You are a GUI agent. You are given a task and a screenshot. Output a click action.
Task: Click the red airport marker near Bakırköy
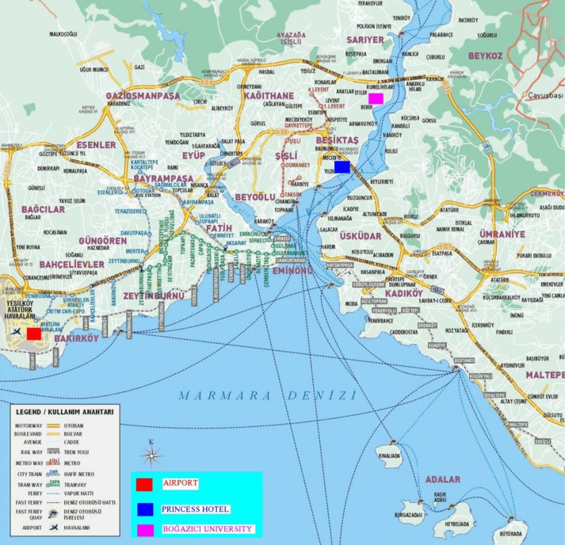tap(33, 333)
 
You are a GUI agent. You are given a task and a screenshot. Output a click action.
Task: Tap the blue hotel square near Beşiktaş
tap(342, 166)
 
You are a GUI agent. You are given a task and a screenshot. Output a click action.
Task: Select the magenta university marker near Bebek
tap(376, 98)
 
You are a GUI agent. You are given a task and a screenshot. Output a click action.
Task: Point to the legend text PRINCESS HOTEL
tap(195, 509)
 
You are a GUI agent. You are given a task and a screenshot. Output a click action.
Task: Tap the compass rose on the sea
tap(151, 455)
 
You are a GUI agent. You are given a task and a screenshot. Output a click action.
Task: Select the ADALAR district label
tap(442, 479)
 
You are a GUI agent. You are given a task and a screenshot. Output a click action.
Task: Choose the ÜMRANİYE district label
tap(502, 234)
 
